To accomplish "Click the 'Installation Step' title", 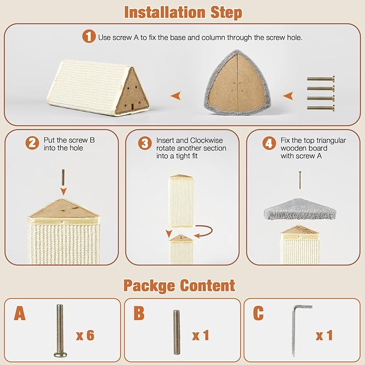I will [183, 12].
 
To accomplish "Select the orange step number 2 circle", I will [33, 144].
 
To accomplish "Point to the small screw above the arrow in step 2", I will [63, 176].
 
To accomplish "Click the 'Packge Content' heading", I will [179, 285].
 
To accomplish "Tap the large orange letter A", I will [20, 313].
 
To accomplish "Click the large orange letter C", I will [259, 313].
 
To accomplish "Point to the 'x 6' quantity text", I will [85, 335].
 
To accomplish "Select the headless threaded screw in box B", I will [176, 332].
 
